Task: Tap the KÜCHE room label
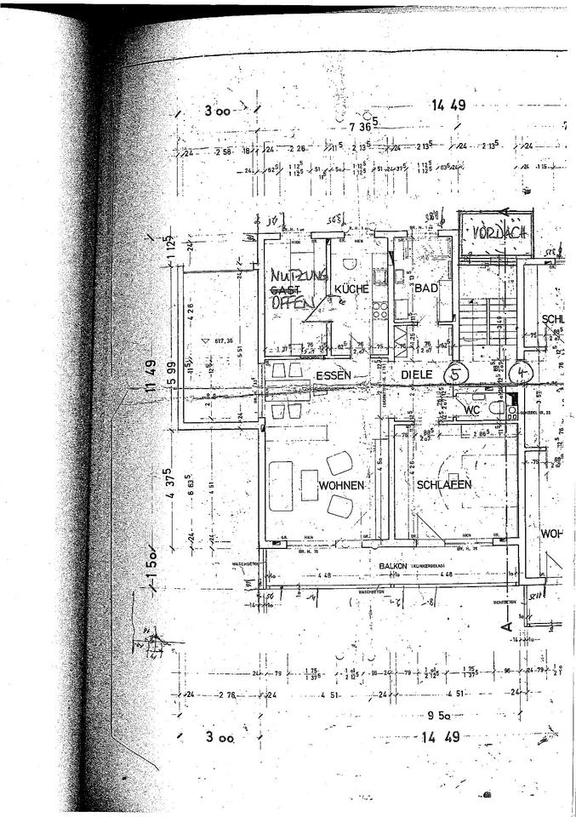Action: [351, 289]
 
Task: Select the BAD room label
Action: [425, 289]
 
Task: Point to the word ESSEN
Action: [334, 375]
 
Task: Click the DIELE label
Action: [418, 374]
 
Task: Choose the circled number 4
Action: [521, 372]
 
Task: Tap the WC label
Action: [473, 409]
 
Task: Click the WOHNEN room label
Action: [341, 485]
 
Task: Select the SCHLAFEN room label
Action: [444, 484]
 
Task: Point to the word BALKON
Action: [393, 565]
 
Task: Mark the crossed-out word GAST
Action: [287, 289]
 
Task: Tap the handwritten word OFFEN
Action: [293, 302]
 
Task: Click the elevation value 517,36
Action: [225, 340]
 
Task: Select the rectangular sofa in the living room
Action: [281, 485]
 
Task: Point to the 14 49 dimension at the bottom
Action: [441, 736]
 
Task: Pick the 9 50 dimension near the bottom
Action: [441, 714]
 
